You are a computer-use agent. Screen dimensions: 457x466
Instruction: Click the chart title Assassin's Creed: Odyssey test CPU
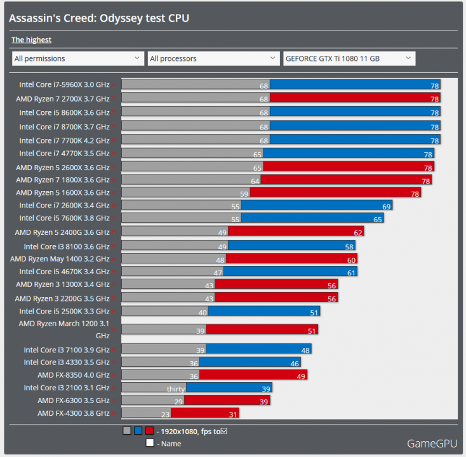coord(99,18)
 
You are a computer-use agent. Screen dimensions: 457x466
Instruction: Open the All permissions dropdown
coord(77,58)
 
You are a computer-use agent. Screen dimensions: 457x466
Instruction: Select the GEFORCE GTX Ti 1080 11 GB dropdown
coord(349,58)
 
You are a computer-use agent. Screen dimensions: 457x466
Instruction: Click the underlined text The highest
coord(31,39)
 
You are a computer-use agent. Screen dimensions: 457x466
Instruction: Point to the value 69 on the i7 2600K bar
coord(386,206)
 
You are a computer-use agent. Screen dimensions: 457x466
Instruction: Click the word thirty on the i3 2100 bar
coord(176,388)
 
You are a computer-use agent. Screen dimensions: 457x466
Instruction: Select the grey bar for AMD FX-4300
coord(147,413)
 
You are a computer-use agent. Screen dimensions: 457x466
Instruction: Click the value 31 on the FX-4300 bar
coord(233,414)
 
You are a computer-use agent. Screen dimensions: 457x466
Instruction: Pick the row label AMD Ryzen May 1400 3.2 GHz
coord(60,259)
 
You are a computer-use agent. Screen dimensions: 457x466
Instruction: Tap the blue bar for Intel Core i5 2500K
coord(263,312)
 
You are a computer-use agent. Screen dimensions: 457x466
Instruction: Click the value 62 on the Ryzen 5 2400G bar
coord(358,232)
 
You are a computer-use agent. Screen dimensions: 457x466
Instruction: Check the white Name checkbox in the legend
coord(150,443)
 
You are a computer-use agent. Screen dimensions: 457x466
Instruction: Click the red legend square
coord(149,431)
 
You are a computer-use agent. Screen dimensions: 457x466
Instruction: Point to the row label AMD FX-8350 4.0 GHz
coord(73,375)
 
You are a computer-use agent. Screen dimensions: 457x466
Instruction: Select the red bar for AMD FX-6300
coord(227,401)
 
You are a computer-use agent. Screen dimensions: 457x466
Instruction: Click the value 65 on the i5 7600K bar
coord(378,219)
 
